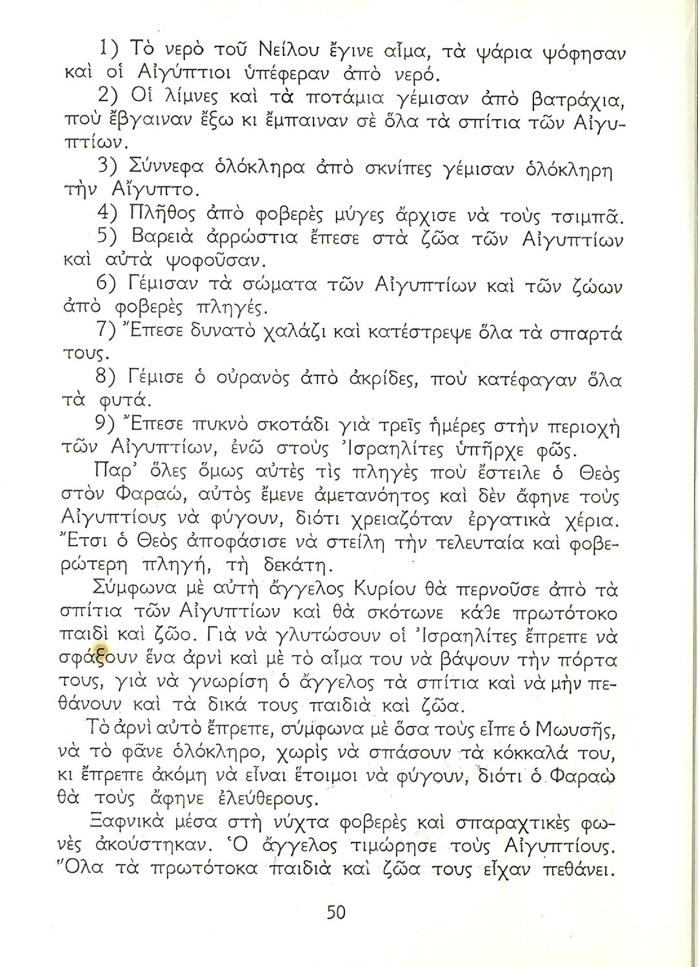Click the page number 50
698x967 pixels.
336,912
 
